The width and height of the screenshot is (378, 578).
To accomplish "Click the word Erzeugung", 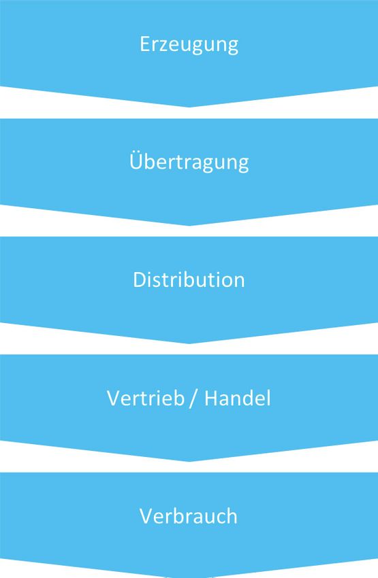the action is pyautogui.click(x=189, y=45).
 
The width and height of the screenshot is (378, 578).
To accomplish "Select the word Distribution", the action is pyautogui.click(x=189, y=279).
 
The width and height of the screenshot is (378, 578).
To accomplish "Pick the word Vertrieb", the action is pyautogui.click(x=146, y=398).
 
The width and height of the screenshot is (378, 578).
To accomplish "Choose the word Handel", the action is pyautogui.click(x=238, y=398).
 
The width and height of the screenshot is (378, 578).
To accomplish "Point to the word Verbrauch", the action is pyautogui.click(x=188, y=515).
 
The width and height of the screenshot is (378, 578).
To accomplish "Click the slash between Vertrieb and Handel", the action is pyautogui.click(x=193, y=398).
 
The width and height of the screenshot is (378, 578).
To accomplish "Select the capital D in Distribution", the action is pyautogui.click(x=140, y=279).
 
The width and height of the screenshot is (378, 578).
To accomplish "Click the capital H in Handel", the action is pyautogui.click(x=211, y=398).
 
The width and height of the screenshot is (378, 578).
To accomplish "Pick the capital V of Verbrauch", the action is pyautogui.click(x=146, y=516).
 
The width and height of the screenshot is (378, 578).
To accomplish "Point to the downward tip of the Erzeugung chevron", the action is pyautogui.click(x=190, y=107).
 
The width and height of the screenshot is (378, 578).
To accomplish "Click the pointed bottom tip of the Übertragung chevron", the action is pyautogui.click(x=190, y=226).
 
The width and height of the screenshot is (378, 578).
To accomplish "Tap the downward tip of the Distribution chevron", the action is pyautogui.click(x=190, y=343).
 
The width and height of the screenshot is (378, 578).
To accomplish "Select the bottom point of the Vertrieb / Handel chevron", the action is pyautogui.click(x=190, y=462).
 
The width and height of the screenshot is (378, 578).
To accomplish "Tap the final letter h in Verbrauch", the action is pyautogui.click(x=232, y=515).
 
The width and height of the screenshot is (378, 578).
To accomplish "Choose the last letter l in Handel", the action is pyautogui.click(x=268, y=398).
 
